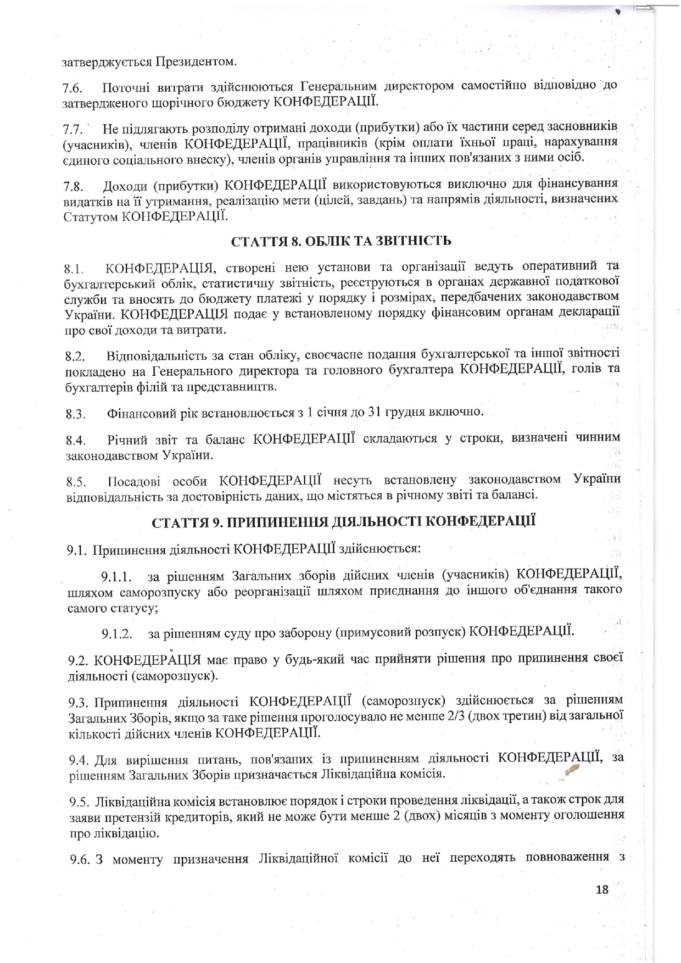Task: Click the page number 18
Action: tap(602, 889)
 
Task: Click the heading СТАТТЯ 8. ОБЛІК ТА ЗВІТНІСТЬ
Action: tap(341, 242)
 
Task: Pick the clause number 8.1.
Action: tap(74, 270)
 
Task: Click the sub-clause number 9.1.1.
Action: tap(116, 577)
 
